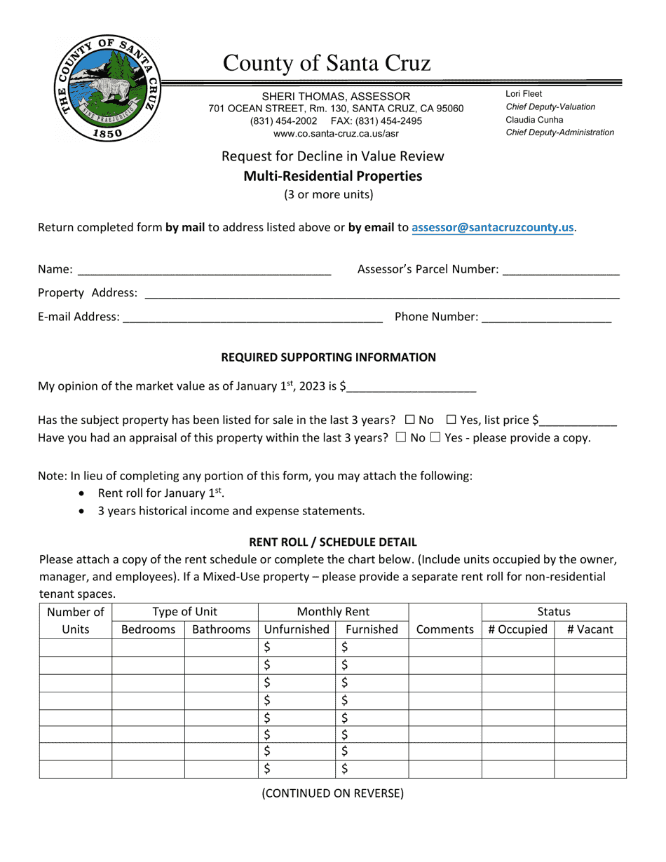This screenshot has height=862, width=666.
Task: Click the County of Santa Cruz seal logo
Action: click(107, 89)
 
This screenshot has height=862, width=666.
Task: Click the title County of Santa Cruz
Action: click(327, 64)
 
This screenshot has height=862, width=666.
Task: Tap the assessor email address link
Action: click(493, 228)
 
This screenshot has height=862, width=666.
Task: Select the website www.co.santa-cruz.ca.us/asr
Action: click(336, 133)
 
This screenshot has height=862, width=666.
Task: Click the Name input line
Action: click(203, 271)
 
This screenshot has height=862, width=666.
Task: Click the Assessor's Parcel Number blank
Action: click(561, 271)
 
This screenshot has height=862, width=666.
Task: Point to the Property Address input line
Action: click(381, 294)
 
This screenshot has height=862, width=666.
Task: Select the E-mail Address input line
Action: click(252, 318)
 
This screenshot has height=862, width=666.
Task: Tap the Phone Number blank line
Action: click(547, 318)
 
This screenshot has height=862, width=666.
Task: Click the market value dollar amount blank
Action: click(412, 386)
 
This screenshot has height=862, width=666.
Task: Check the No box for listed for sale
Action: click(410, 420)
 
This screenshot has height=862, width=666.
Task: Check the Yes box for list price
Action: click(451, 420)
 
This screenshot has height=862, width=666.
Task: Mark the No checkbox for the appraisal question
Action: click(400, 438)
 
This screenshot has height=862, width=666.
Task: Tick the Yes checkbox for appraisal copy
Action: click(435, 438)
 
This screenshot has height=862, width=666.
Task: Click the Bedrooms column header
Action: click(148, 629)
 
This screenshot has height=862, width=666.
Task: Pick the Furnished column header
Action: click(372, 629)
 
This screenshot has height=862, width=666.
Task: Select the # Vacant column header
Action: click(590, 629)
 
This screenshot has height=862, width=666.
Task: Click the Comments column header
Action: click(444, 629)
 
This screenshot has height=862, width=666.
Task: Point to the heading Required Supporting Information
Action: click(328, 357)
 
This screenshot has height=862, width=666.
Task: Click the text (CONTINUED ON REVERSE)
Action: click(332, 793)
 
